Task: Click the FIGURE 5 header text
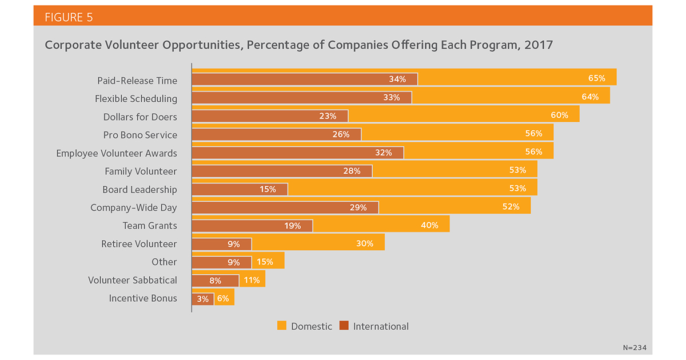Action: [x=69, y=17]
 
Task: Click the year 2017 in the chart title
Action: [x=539, y=45]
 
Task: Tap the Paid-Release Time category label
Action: [x=137, y=81]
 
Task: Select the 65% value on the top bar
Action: [x=597, y=78]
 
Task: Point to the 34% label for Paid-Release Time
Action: [x=397, y=79]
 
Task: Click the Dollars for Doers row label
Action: [x=140, y=117]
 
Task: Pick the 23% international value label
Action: [x=328, y=116]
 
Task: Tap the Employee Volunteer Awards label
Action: [x=117, y=153]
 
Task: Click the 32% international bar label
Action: [x=384, y=153]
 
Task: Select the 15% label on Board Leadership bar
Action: [x=268, y=189]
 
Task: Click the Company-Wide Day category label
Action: [x=134, y=207]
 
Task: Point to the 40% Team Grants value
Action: [x=429, y=225]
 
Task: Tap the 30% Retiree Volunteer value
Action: [x=365, y=243]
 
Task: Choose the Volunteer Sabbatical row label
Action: [x=132, y=280]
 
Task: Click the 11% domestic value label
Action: [x=252, y=280]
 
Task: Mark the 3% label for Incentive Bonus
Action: [x=202, y=299]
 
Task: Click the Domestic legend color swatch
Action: [x=282, y=325]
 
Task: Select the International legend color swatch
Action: [x=344, y=325]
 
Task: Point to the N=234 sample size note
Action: [x=635, y=348]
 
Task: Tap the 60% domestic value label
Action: [x=559, y=115]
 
